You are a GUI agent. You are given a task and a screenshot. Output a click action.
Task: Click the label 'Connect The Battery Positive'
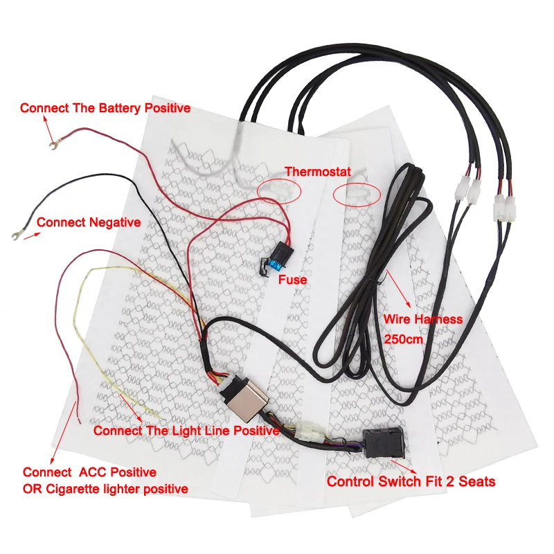(105, 108)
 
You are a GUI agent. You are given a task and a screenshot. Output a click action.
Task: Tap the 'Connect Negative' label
(89, 222)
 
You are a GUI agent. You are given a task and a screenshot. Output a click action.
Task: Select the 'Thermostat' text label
(317, 171)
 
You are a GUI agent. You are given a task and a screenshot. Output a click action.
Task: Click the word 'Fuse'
(292, 280)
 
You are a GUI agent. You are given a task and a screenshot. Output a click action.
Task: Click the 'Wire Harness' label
(422, 319)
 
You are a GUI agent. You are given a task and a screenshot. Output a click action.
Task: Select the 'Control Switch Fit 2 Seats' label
(411, 481)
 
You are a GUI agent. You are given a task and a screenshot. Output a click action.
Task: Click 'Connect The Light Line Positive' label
(186, 431)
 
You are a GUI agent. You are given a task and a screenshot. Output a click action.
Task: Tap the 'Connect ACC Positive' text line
(89, 472)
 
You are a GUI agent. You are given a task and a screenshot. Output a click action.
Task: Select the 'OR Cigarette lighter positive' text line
(105, 489)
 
